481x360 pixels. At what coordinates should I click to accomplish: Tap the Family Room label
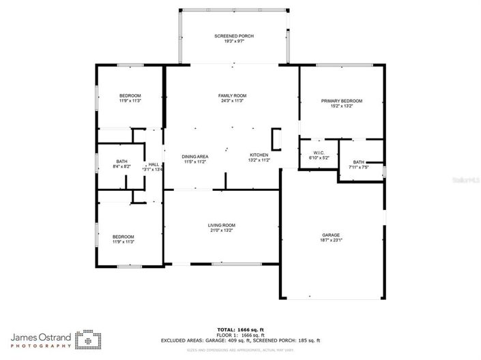click(232, 95)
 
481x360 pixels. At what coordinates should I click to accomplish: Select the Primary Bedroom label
click(341, 101)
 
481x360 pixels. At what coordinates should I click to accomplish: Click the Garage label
click(331, 235)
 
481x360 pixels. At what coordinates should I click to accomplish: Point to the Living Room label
click(222, 225)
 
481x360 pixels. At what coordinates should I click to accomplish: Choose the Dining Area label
click(195, 157)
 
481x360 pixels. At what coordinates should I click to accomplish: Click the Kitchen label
click(259, 155)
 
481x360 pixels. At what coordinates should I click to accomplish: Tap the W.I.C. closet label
click(319, 152)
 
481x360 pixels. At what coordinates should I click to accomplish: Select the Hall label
click(154, 164)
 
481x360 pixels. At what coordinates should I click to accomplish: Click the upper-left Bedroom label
click(130, 95)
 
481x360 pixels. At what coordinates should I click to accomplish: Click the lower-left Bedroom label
click(123, 237)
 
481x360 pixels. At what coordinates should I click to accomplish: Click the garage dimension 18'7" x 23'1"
click(331, 240)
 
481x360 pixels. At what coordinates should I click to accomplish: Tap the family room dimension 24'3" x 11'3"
click(232, 101)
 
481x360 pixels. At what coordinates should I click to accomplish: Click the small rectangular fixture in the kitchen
click(276, 138)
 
